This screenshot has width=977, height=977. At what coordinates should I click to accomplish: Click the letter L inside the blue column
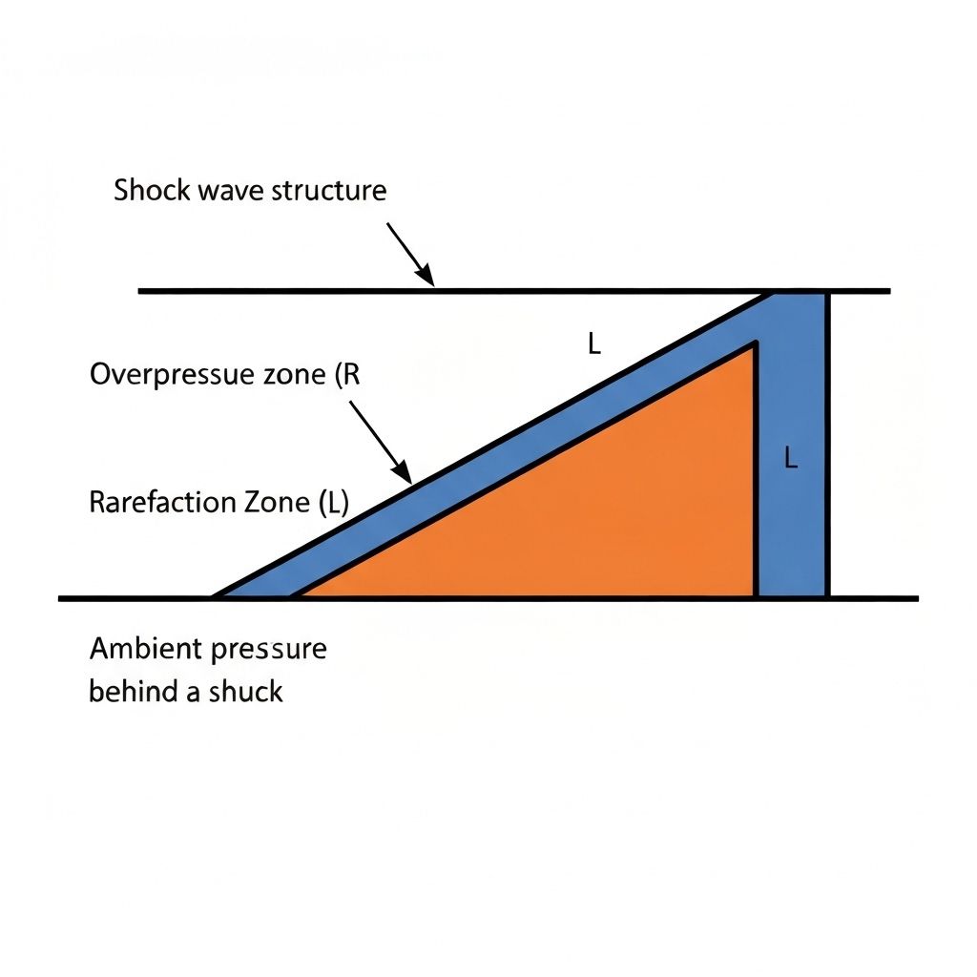[x=790, y=459]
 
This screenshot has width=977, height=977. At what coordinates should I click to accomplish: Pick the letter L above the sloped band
[x=593, y=345]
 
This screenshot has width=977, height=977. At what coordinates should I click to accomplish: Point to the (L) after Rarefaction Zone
[x=332, y=503]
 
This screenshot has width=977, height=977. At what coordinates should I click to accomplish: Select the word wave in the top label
[x=232, y=190]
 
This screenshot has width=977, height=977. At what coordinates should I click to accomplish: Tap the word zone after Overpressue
[x=290, y=375]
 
